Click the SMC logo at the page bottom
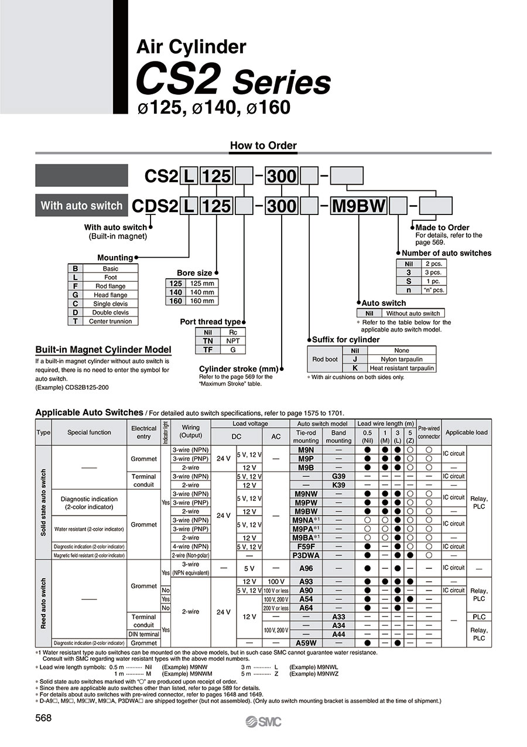pos(263,722)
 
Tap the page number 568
pos(44,718)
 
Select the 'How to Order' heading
pos(263,145)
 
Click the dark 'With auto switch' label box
pos(81,206)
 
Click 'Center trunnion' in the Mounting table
pos(110,321)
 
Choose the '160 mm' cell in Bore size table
pos(201,301)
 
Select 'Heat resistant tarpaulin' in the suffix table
pos(402,368)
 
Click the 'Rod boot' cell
pos(325,359)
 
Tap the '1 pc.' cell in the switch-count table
pos(434,281)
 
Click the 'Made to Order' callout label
pos(442,227)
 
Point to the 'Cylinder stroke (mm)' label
pos(238,369)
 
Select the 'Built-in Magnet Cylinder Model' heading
pos(103,350)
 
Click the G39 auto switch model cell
pos(338,476)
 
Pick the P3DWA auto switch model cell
pos(306,555)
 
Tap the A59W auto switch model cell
pos(306,643)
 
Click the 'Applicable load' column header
pos(466,432)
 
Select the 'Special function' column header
pos(89,432)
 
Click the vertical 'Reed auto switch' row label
pos(43,603)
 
